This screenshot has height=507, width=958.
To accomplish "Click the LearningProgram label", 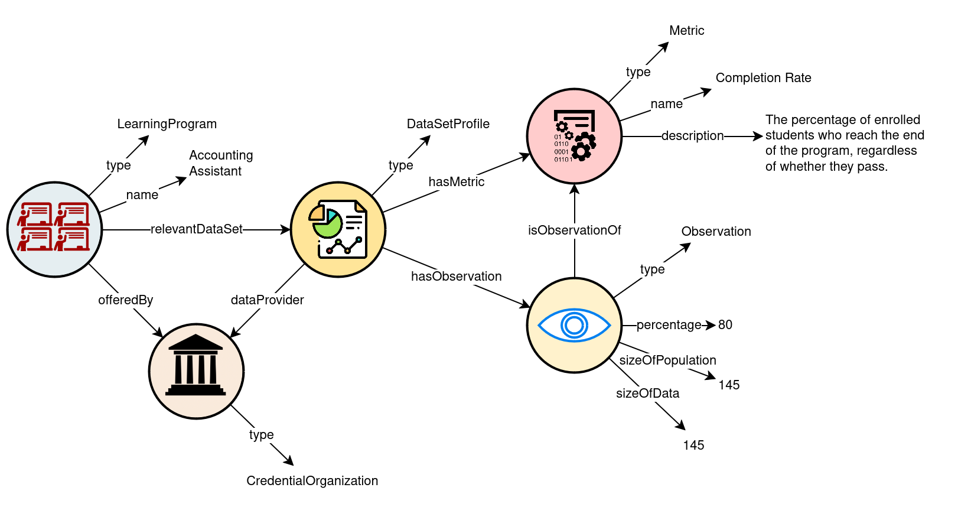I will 167,124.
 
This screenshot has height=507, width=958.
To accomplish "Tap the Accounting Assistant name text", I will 220,163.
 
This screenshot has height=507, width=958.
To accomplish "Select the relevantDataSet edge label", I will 196,229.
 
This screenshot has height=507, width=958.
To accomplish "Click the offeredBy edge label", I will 125,300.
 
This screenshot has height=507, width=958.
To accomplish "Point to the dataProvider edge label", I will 267,300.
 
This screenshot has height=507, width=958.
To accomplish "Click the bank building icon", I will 195,366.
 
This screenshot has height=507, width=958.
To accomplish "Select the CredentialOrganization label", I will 312,481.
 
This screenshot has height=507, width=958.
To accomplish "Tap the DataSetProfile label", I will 448,124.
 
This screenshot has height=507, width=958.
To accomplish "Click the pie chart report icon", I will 338,229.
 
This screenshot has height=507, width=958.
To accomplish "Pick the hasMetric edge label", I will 456,182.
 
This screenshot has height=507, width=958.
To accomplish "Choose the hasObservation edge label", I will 456,277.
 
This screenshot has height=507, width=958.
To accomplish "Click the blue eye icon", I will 574,325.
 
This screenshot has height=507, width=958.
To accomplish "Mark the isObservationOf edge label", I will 574,230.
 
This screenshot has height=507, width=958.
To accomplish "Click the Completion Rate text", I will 763,78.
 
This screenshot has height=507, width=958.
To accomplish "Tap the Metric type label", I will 686,31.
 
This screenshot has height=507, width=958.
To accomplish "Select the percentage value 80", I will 725,325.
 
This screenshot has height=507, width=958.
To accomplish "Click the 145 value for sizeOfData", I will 693,446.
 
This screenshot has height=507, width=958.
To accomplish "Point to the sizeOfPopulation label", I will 667,360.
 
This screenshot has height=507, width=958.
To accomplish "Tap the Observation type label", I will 716,232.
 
